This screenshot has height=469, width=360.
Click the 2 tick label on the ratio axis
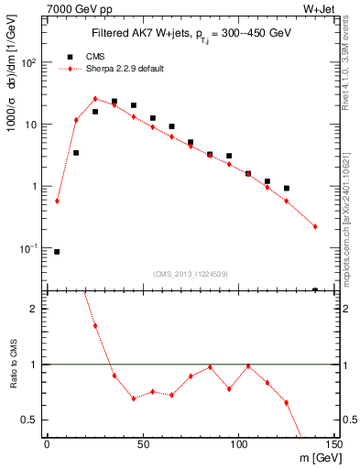(x=36, y=309)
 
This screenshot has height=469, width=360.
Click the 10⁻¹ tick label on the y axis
(x=28, y=248)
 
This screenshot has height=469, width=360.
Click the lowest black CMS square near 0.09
(x=57, y=251)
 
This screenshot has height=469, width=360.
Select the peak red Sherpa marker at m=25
(x=95, y=99)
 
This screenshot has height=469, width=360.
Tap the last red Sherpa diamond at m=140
(x=315, y=226)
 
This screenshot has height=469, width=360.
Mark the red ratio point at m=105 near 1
(x=248, y=365)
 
